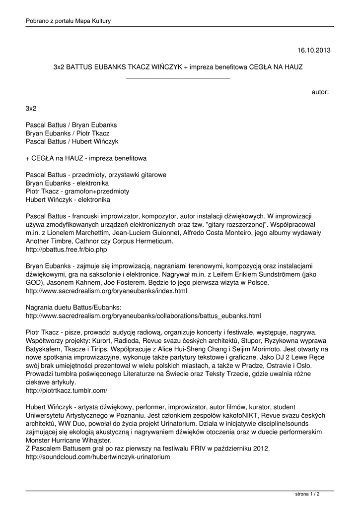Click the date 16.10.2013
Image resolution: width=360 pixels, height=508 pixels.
tap(314, 50)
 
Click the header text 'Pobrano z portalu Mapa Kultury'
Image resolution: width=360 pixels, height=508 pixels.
tap(68, 21)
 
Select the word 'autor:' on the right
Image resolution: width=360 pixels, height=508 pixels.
tap(320, 92)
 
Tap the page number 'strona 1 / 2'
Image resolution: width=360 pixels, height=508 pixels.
tap(307, 494)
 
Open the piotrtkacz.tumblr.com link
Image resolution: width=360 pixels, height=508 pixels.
tap(66, 390)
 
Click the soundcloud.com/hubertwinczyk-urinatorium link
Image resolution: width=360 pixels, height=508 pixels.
tap(98, 457)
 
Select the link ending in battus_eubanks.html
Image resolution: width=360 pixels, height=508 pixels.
tap(143, 315)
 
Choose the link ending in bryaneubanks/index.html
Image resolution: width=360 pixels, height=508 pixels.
tap(106, 291)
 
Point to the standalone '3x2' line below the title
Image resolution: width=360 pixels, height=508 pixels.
tap(31, 108)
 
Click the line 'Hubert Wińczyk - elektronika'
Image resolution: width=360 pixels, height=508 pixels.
tap(68, 199)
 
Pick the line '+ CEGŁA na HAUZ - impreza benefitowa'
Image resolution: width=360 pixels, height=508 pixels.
tap(86, 158)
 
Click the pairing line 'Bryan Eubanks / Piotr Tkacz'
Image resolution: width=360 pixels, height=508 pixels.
tap(68, 133)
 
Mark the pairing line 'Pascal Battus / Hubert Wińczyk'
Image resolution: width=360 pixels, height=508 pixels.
tap(72, 141)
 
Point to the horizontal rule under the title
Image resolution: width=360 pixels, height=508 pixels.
tap(178, 78)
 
